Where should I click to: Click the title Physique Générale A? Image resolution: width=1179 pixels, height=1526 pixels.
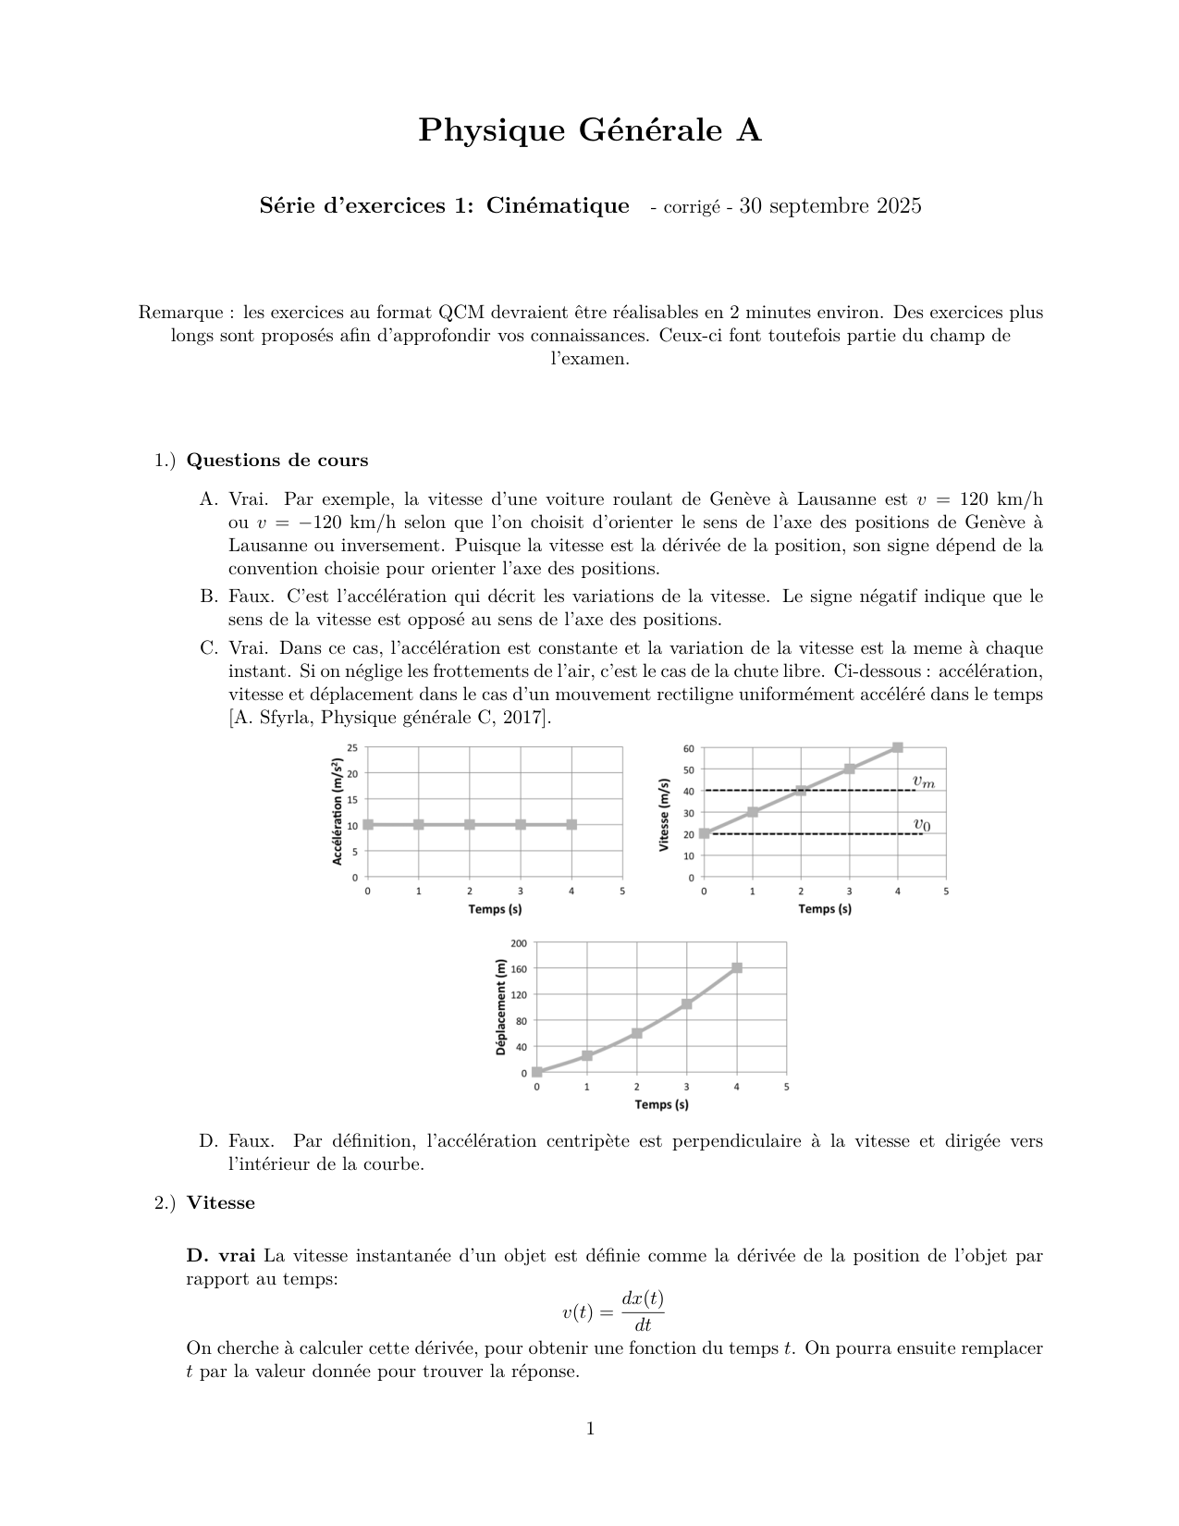590,130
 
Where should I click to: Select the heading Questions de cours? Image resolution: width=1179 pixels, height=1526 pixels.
276,461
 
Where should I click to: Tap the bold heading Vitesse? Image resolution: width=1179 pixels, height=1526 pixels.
220,1203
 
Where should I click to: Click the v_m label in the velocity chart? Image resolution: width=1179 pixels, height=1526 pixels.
923,782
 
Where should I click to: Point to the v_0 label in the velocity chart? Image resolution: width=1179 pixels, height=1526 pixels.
922,824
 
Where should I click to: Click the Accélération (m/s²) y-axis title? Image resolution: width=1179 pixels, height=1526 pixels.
338,811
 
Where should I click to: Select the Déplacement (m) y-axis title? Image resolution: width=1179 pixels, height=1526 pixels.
501,1007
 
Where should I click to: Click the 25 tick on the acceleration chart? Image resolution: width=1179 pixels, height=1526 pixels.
352,747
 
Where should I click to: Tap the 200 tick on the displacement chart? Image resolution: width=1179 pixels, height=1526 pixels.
519,943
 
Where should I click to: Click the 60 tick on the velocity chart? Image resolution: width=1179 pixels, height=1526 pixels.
688,748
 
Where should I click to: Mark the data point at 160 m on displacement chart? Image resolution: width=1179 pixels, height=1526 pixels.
737,968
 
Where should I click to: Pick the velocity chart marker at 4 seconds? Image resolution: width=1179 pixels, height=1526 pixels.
897,747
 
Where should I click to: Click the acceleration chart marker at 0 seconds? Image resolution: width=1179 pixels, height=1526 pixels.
368,824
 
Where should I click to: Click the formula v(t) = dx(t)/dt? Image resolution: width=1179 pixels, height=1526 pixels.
613,1311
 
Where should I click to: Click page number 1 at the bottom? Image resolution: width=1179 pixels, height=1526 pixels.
590,1429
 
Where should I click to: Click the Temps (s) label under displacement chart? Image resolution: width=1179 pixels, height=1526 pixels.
661,1104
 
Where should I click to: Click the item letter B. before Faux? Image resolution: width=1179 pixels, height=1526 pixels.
208,597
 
